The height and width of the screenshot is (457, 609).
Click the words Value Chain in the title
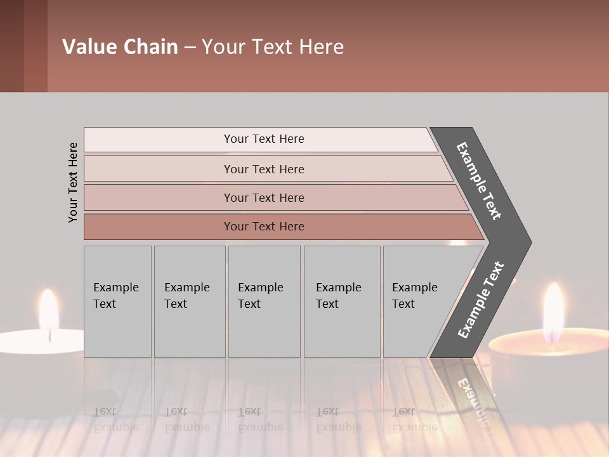click(120, 47)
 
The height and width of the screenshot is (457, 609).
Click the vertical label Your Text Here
click(73, 182)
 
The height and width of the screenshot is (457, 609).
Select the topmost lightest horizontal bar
click(260, 140)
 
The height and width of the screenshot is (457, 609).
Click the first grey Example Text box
click(117, 301)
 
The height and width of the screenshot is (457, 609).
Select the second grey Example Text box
click(190, 301)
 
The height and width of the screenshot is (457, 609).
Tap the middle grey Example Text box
click(264, 301)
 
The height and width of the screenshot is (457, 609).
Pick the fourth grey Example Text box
click(342, 301)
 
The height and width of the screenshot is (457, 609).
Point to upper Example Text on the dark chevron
click(479, 181)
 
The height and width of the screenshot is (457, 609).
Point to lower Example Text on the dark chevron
click(481, 300)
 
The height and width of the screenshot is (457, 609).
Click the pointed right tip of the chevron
click(528, 242)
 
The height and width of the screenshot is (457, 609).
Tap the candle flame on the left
click(48, 309)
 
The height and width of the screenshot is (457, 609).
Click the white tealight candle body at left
click(38, 343)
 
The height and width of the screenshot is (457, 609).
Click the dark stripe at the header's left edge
click(11, 46)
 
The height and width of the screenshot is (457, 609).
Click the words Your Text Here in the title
click(273, 47)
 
